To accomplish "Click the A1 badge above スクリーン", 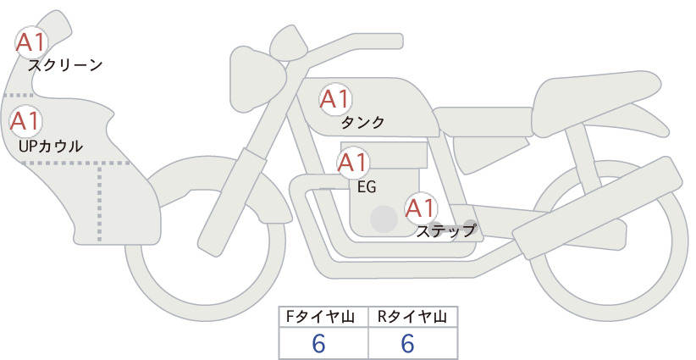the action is tap(31, 42).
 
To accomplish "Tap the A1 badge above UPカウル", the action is tap(25, 121).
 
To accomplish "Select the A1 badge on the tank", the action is tap(335, 99).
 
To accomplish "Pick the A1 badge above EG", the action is tap(353, 163).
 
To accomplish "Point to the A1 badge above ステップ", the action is tap(422, 208).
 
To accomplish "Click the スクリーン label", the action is tap(65, 66).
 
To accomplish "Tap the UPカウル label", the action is tap(51, 146).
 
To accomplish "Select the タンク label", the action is tap(362, 122).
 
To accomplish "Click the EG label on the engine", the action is tap(367, 187).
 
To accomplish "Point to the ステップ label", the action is tap(445, 231).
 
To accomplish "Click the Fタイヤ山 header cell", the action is tap(323, 317).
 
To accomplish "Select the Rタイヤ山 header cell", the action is tap(413, 317).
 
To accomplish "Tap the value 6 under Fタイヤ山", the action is tap(318, 344).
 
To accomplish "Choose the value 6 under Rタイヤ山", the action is tap(407, 344).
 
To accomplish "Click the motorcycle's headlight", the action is tap(255, 79).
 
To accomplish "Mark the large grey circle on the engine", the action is tap(384, 219).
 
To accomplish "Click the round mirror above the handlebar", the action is tap(289, 43).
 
